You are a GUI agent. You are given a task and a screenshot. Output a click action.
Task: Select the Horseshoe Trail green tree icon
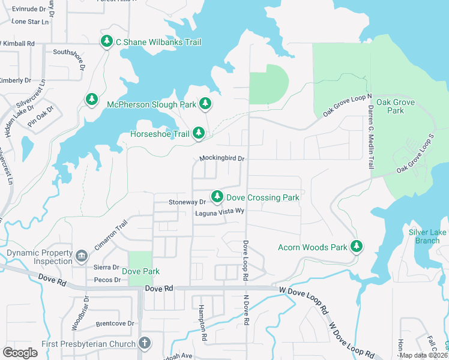click(199, 133)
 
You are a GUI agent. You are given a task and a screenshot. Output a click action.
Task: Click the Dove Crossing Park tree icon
click(217, 197)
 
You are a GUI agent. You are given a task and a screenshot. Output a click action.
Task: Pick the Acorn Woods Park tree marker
click(357, 246)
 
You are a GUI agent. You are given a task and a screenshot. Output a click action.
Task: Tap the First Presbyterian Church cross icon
click(143, 343)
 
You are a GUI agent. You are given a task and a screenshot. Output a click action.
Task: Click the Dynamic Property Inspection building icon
click(81, 257)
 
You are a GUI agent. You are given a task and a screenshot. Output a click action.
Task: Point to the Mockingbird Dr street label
click(222, 159)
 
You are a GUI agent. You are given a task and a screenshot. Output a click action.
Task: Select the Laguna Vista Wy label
click(219, 211)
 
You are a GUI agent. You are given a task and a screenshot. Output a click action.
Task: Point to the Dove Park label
click(141, 271)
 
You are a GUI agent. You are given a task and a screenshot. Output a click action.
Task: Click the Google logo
click(20, 353)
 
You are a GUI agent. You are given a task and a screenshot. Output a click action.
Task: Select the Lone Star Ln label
click(29, 22)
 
